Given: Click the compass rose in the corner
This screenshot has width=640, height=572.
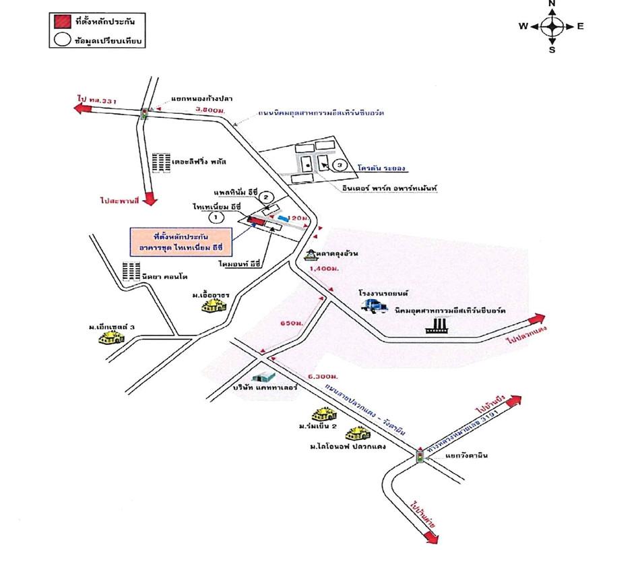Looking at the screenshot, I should (552, 26).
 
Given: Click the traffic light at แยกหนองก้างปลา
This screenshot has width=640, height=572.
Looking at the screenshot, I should (143, 114).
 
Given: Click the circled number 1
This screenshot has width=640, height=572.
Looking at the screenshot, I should (216, 217).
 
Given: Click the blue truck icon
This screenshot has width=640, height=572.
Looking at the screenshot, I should (375, 305).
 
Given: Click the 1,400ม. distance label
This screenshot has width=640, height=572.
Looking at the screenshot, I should (321, 268).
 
